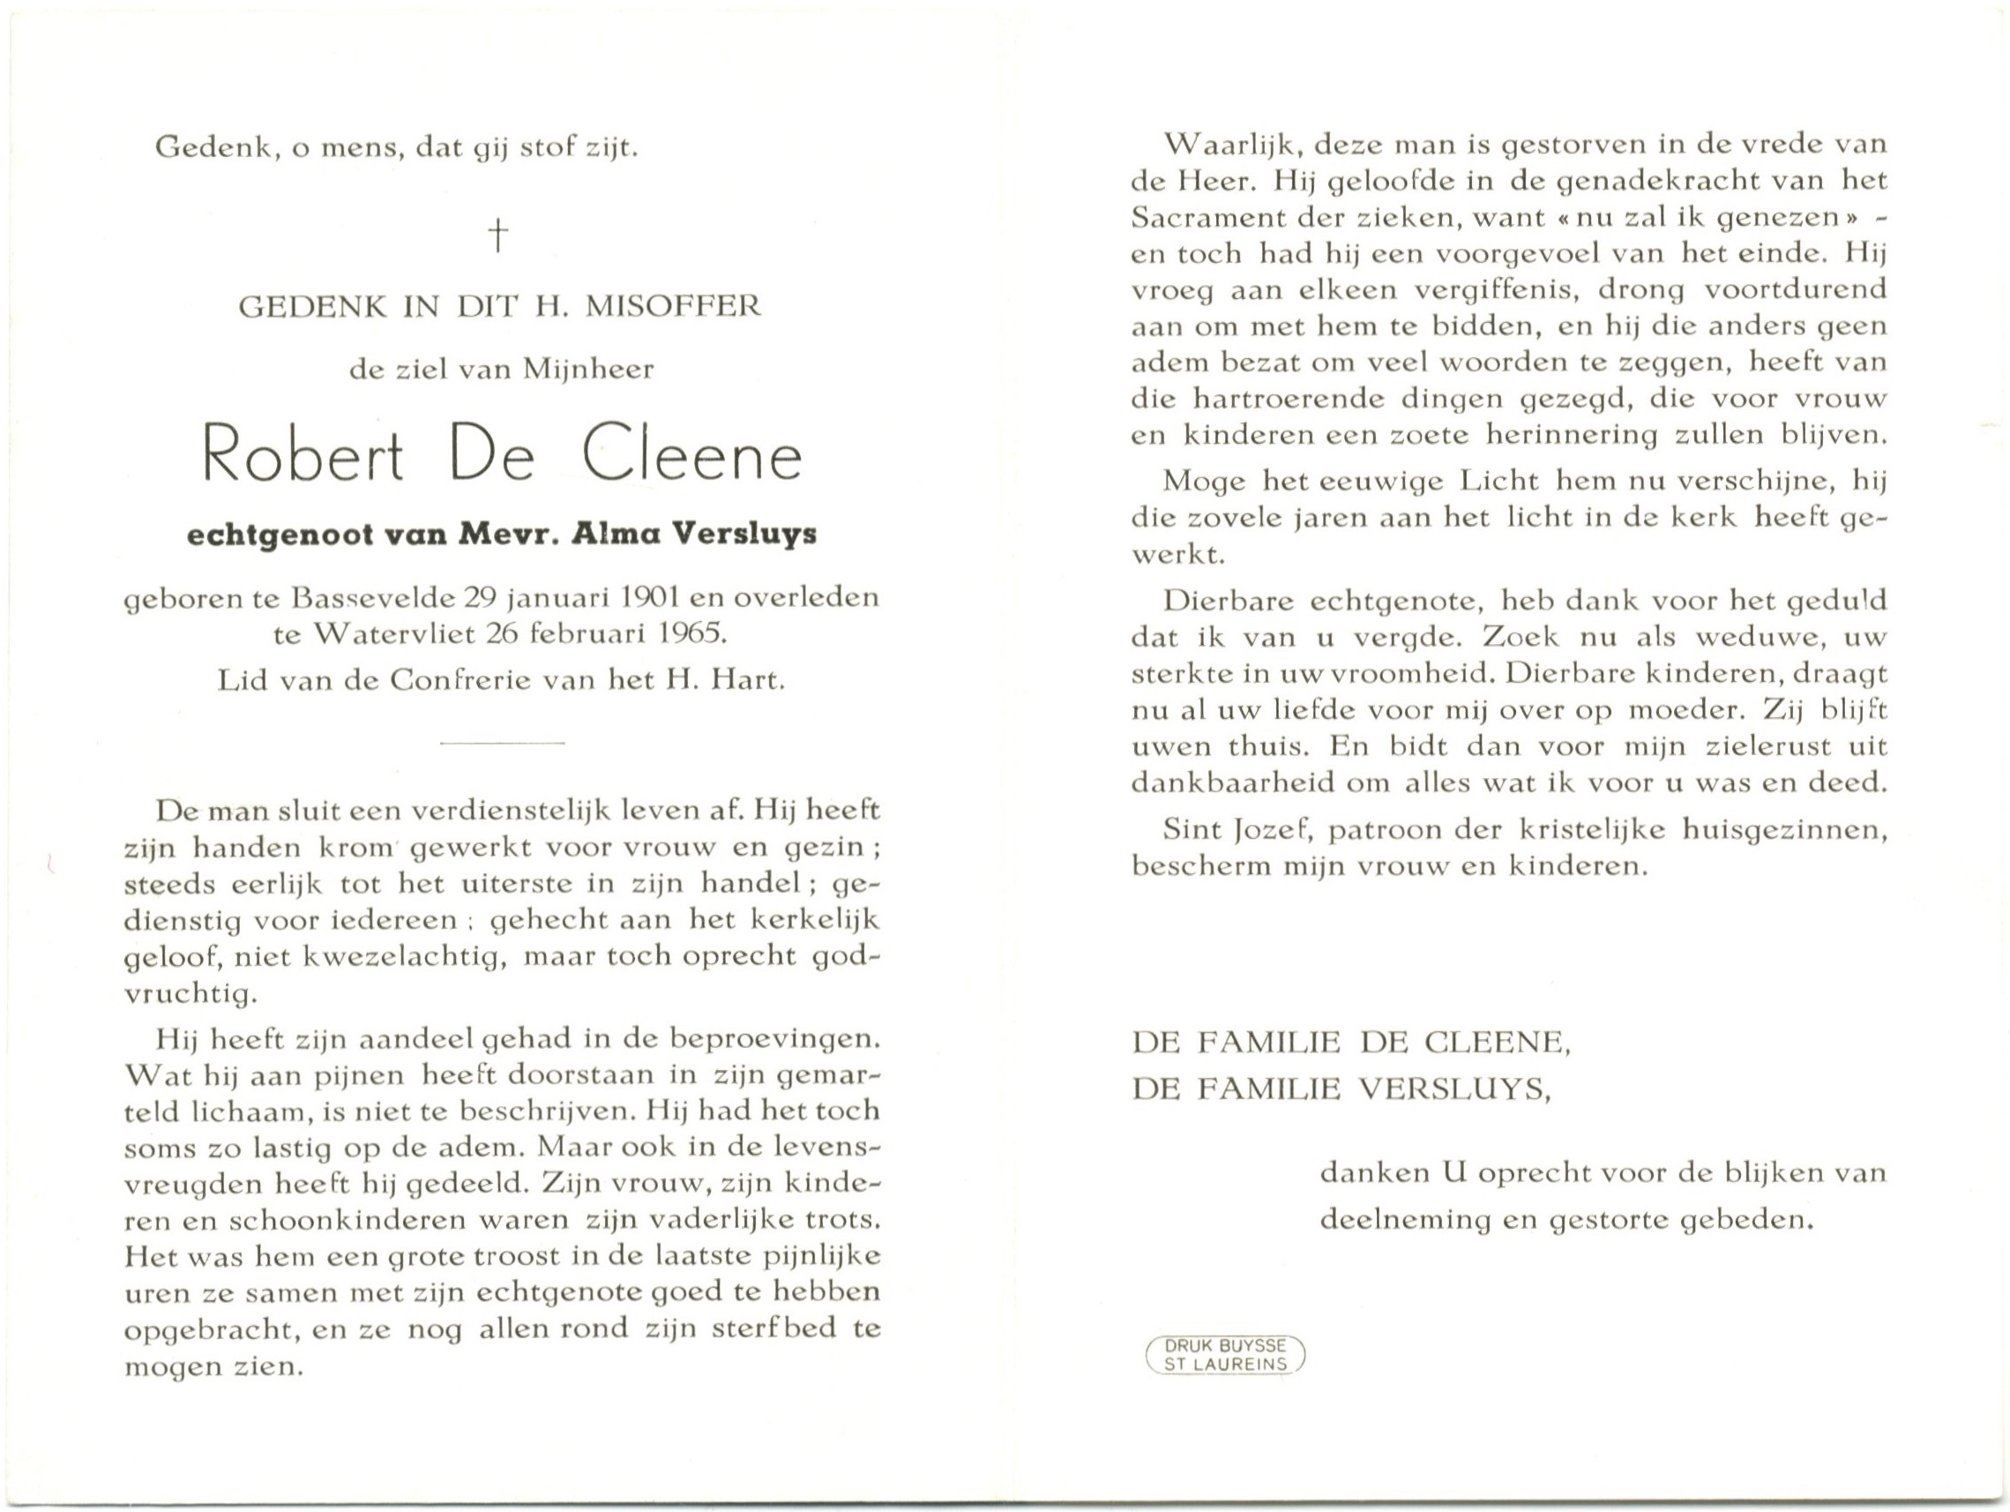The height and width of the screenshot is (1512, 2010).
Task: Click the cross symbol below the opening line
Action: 498,236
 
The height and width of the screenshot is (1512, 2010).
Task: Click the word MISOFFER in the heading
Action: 672,306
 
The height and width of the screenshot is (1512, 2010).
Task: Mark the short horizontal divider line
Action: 502,744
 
